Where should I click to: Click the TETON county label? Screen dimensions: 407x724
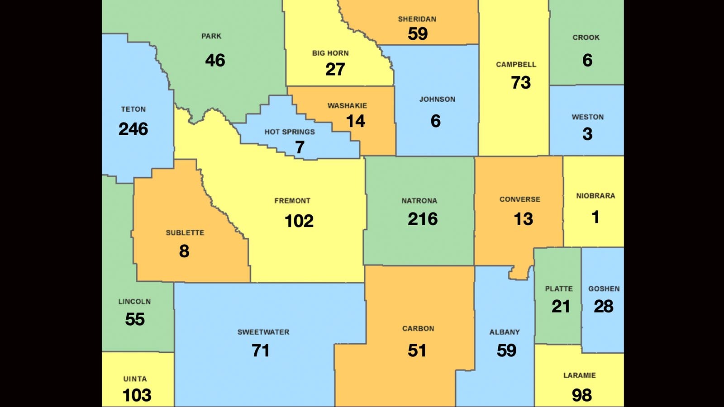(x=133, y=109)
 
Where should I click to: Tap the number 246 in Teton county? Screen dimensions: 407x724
(x=133, y=129)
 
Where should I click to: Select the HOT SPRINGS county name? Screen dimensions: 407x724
(x=290, y=132)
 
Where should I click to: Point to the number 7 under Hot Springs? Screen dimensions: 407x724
(x=300, y=147)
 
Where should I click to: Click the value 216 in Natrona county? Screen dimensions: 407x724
(x=423, y=219)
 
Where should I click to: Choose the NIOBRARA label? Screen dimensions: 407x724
(x=595, y=196)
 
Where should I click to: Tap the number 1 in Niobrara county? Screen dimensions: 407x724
(x=595, y=217)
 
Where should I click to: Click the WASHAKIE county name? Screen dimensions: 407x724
(x=347, y=106)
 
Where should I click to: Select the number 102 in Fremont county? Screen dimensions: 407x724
(x=299, y=221)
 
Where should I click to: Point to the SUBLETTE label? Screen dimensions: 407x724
(x=185, y=233)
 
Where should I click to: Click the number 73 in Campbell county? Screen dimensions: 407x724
(x=520, y=83)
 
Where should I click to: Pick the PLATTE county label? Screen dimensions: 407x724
(x=558, y=289)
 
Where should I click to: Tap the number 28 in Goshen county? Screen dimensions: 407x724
(x=603, y=307)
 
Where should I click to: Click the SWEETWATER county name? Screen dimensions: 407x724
(x=263, y=332)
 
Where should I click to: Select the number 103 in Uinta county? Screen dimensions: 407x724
(x=137, y=395)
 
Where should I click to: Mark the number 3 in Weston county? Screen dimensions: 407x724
(x=587, y=134)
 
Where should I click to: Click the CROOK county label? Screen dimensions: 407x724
(x=586, y=38)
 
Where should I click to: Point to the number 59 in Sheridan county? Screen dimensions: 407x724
(x=417, y=34)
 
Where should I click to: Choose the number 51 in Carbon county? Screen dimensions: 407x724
(x=417, y=350)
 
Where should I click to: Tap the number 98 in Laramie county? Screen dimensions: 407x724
(x=581, y=395)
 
